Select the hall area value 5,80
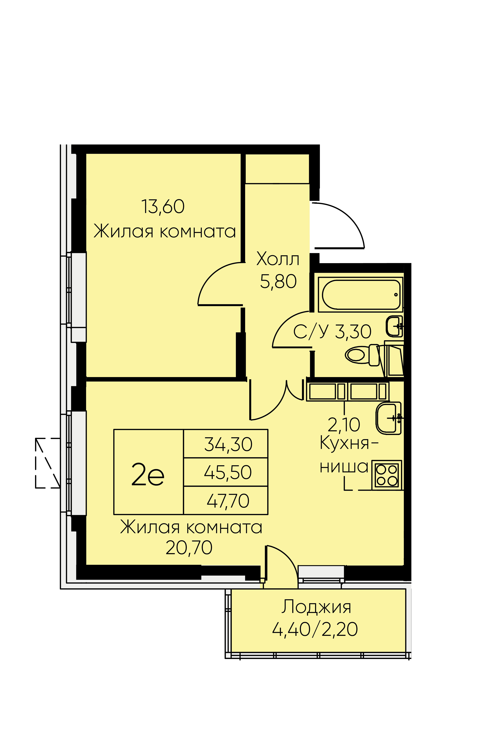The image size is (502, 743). coord(278,282)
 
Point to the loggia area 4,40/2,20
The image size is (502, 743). coord(315,629)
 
